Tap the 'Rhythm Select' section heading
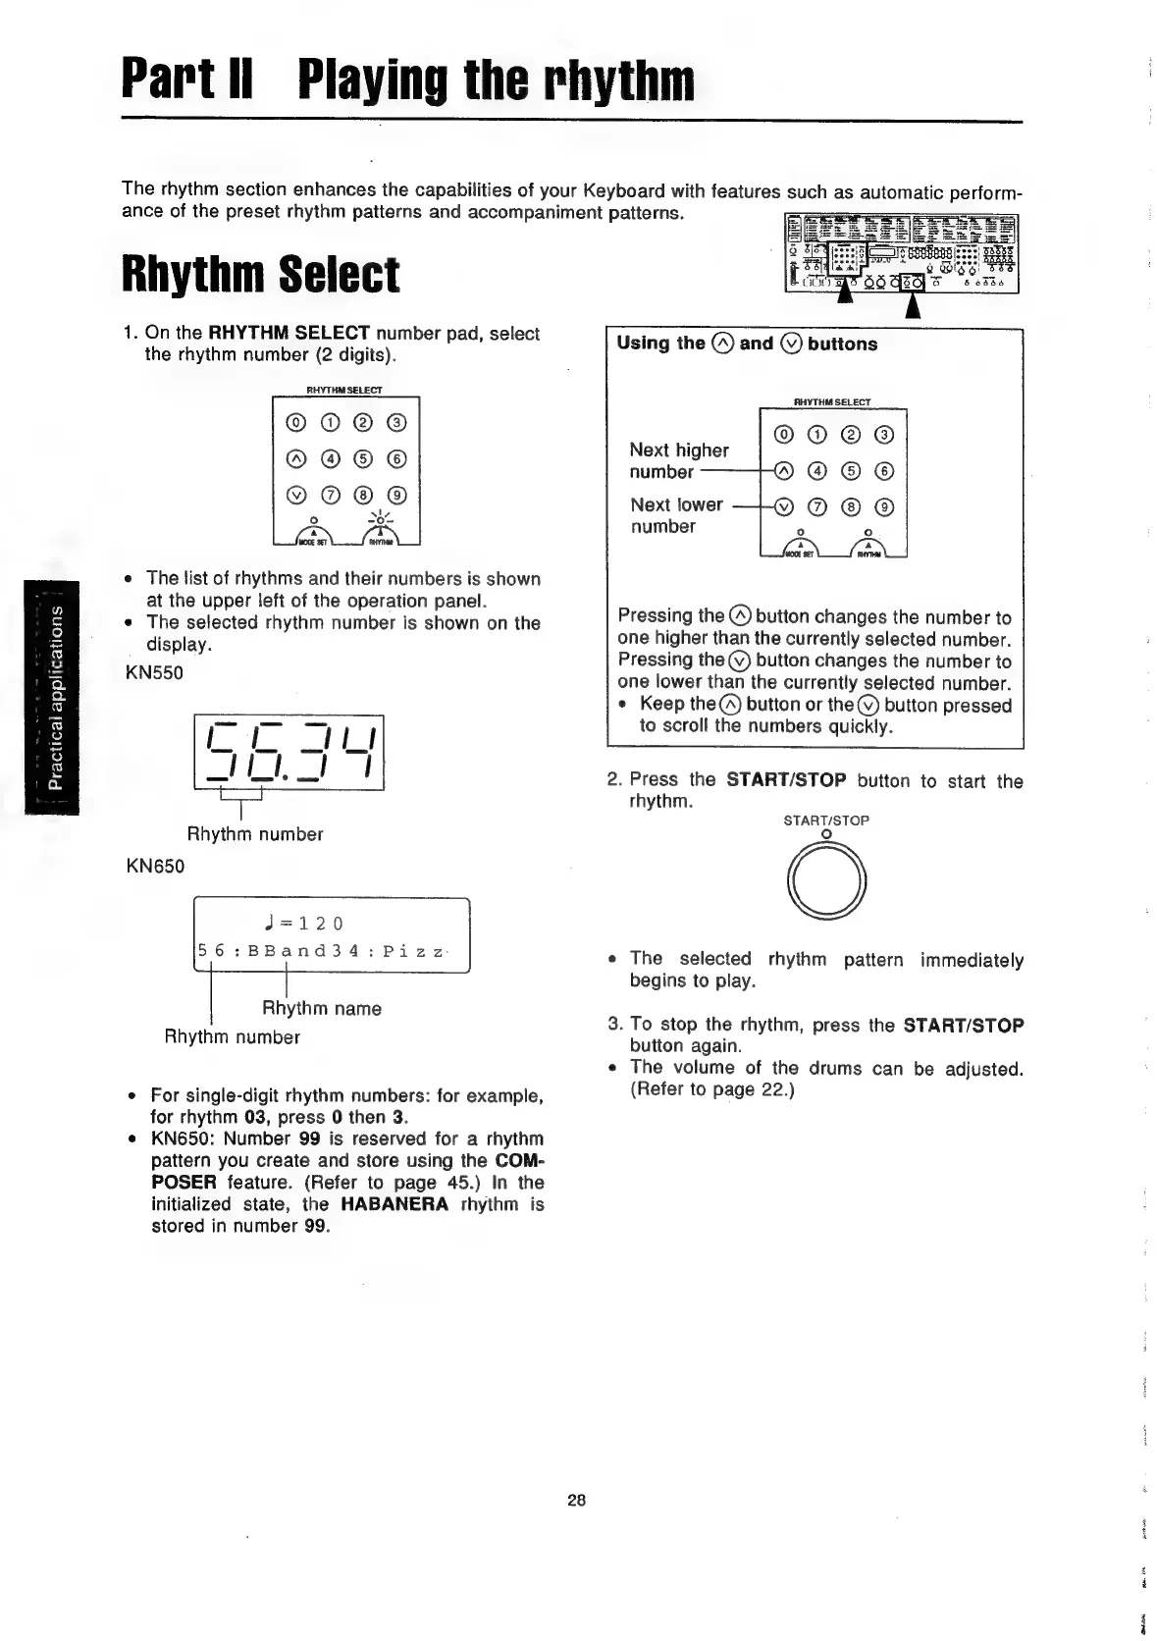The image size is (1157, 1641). pos(260,275)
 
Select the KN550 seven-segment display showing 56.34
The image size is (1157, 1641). pos(289,751)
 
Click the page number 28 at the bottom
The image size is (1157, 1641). pos(576,1500)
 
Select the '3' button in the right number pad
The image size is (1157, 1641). pos(884,436)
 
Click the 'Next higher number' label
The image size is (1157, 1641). pos(678,461)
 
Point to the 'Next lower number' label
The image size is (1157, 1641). pos(676,515)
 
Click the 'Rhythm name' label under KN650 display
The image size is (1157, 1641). pos(321,1008)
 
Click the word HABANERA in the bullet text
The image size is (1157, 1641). pos(394,1204)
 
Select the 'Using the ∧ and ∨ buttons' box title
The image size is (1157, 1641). pos(747,344)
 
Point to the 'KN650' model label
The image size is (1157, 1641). pos(155,866)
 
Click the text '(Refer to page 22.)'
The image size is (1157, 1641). pos(711,1089)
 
